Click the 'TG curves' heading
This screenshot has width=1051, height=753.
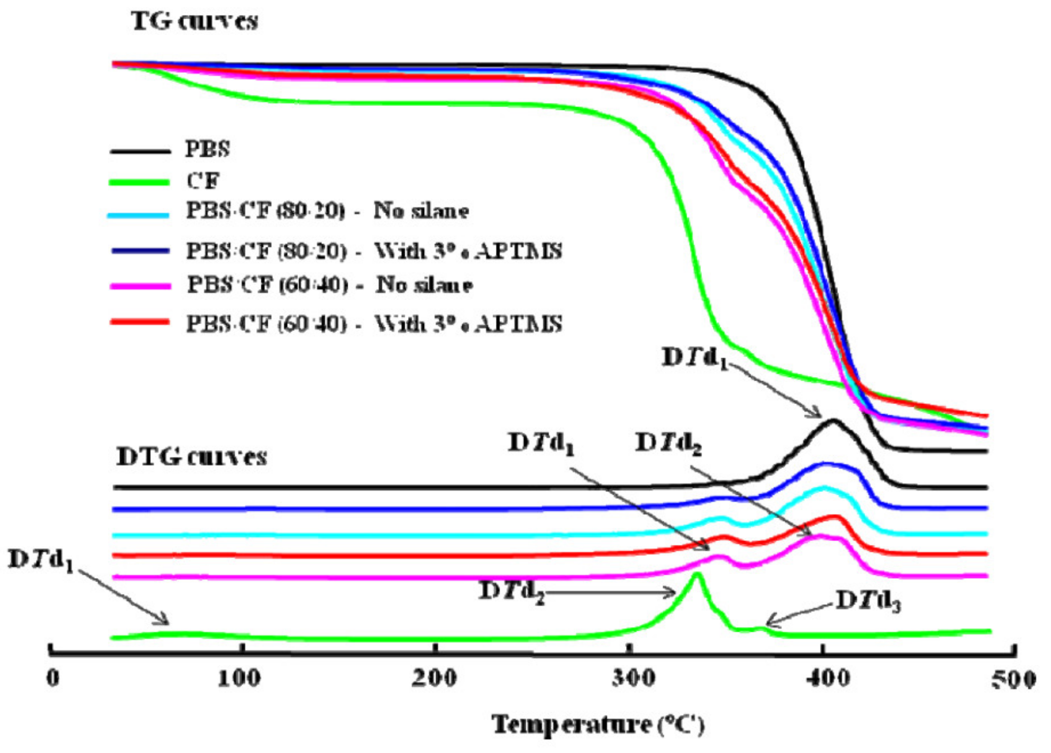pyautogui.click(x=194, y=22)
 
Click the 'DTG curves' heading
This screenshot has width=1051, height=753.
pyautogui.click(x=192, y=456)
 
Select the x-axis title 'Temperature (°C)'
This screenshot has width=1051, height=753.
pyautogui.click(x=598, y=724)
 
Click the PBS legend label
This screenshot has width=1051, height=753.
pyautogui.click(x=207, y=149)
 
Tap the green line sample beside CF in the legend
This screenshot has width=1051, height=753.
pyautogui.click(x=139, y=182)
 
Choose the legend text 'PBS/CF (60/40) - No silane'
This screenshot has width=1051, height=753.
pyautogui.click(x=330, y=284)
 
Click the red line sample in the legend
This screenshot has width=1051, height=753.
pyautogui.click(x=139, y=322)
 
